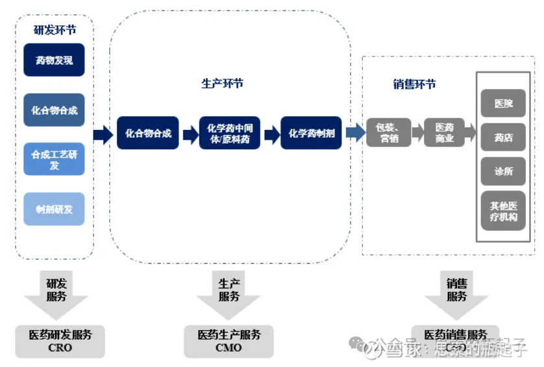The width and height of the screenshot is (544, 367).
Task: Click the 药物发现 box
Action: click(54, 60)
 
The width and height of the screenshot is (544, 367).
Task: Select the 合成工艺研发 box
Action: click(54, 159)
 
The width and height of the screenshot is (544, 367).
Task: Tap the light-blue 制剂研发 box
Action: click(54, 209)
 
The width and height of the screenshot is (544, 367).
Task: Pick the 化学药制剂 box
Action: click(311, 133)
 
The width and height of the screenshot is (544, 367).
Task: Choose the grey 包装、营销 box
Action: click(389, 133)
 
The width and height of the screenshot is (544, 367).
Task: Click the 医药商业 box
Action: click(445, 133)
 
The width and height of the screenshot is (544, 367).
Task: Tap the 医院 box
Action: click(503, 103)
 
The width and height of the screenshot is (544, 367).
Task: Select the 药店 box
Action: click(503, 137)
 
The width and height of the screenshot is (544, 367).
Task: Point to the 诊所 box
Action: click(503, 171)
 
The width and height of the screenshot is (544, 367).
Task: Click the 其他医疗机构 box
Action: click(503, 210)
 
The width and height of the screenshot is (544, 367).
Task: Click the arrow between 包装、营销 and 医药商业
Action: click(417, 133)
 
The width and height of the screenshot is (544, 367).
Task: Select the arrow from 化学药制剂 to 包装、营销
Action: click(354, 133)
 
